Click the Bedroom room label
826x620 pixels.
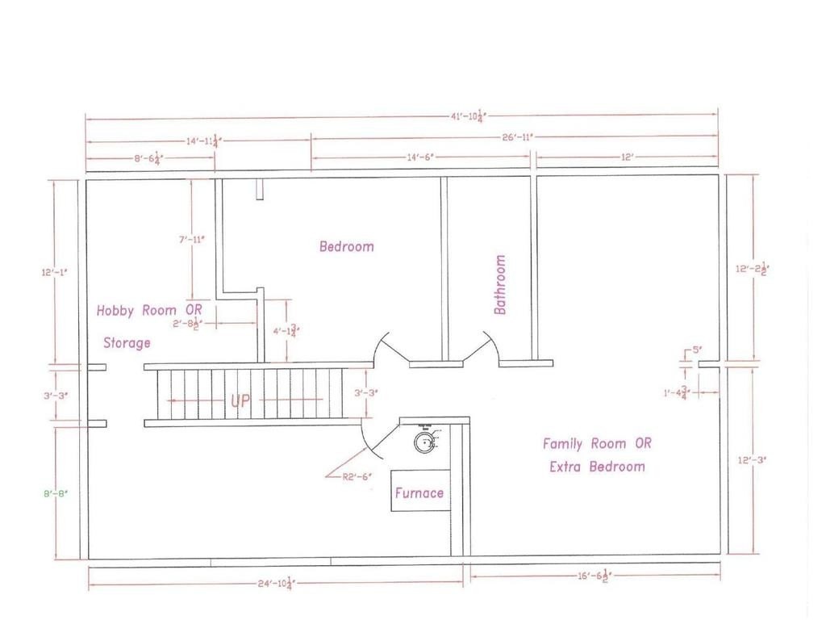tap(347, 246)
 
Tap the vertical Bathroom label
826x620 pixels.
tap(500, 284)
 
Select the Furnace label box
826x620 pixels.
tap(419, 492)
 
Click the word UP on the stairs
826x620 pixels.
tap(241, 401)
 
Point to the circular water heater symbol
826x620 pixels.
tap(424, 440)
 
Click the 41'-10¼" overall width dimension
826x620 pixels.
tap(468, 115)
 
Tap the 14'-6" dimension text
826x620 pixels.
tap(423, 157)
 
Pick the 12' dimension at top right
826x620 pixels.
tap(628, 157)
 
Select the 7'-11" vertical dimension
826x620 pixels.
tap(190, 239)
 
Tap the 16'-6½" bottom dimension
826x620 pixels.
tap(595, 576)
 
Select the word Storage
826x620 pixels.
tap(127, 343)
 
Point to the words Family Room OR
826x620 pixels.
tap(597, 443)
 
